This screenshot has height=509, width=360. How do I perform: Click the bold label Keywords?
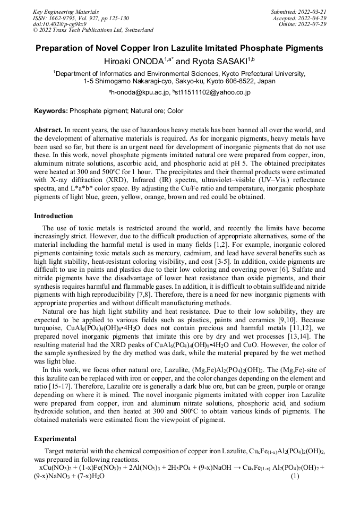click(51, 111)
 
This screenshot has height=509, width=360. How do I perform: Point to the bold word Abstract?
click(48, 130)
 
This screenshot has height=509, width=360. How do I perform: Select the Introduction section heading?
click(54, 216)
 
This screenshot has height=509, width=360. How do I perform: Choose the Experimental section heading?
click(55, 439)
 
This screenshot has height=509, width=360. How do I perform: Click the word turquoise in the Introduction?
click(48, 321)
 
